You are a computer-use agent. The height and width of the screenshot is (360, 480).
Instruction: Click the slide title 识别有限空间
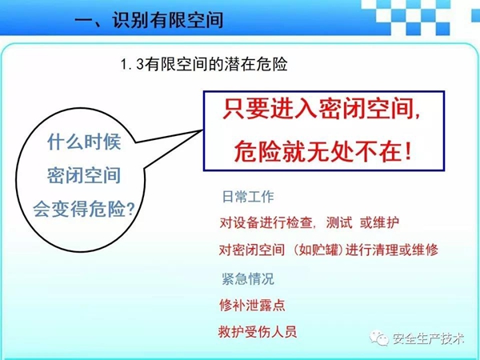(168, 20)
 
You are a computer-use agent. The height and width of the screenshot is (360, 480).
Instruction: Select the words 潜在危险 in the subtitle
(256, 64)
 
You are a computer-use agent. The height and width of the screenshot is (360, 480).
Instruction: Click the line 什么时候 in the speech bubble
(84, 142)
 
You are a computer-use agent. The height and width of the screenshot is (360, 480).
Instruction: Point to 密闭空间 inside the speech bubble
(84, 175)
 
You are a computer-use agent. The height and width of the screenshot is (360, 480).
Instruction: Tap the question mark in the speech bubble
(130, 209)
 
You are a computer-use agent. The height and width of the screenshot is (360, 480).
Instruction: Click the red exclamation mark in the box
(407, 151)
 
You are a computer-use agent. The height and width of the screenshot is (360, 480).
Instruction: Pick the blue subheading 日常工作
(248, 197)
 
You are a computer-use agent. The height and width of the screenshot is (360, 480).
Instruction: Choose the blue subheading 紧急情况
(248, 278)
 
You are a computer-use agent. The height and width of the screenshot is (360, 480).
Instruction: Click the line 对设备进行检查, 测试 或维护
(309, 222)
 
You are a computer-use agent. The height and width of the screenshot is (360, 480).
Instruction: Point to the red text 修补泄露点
(252, 305)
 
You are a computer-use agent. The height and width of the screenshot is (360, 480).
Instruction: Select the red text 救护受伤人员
(258, 331)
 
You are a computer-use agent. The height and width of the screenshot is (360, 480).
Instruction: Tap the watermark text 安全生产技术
(428, 338)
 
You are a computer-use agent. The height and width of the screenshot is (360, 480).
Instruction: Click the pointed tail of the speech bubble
(202, 130)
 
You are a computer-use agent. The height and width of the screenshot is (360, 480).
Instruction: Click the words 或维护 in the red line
(379, 222)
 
